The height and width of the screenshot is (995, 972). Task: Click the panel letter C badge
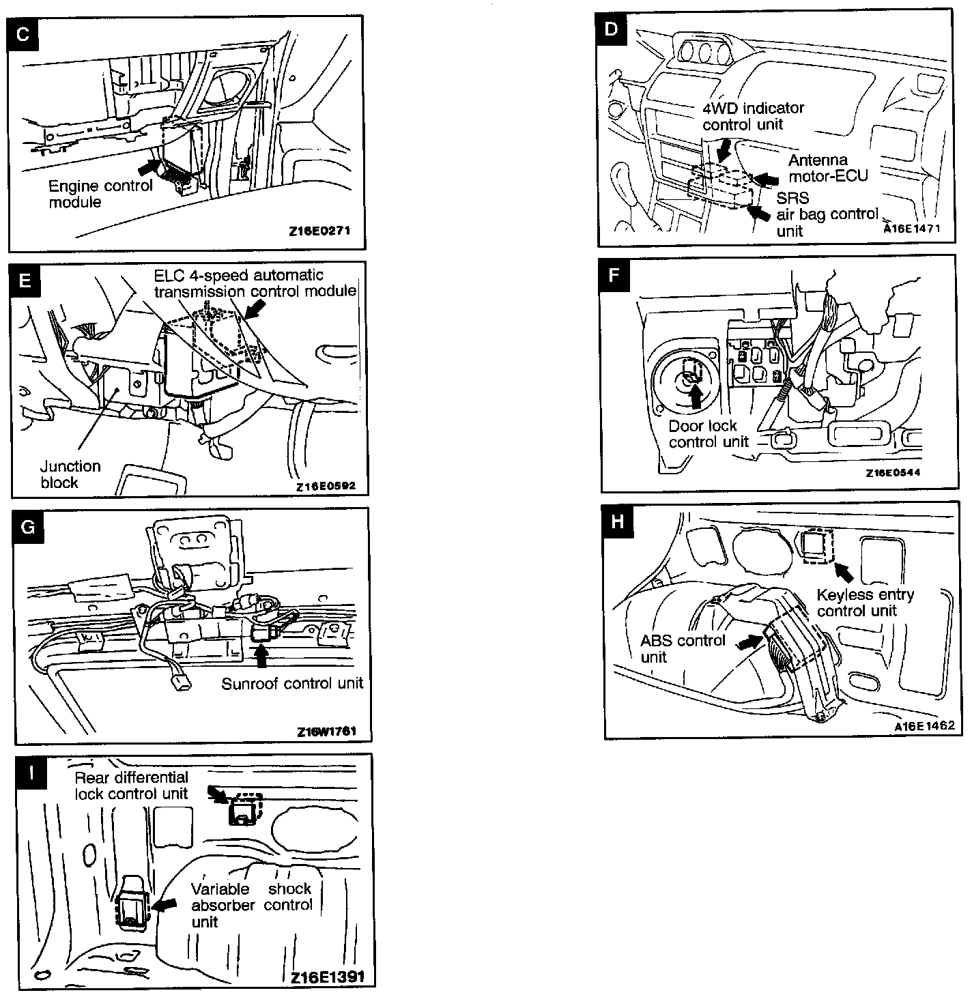23,34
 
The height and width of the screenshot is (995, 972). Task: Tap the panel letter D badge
611,29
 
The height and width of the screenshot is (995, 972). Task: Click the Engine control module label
100,194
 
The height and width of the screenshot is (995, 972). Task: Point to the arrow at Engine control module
149,167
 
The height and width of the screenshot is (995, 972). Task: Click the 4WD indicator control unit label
753,116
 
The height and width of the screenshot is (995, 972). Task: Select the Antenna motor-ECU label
828,168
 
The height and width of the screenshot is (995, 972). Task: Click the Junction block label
70,474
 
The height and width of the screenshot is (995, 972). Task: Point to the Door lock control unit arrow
696,396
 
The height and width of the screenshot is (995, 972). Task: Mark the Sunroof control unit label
292,683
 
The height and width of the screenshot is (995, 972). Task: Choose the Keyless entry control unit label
865,603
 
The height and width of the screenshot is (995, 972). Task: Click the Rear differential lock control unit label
131,785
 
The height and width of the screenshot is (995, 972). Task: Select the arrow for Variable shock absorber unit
162,904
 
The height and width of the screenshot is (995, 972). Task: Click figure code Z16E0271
319,231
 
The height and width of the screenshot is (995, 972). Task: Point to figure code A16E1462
924,726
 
